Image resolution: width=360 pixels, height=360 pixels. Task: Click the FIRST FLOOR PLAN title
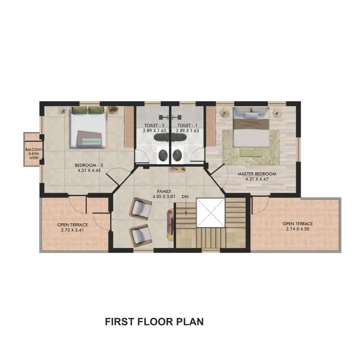pos(154,321)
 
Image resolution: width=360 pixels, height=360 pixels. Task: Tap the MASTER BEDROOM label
pos(257,174)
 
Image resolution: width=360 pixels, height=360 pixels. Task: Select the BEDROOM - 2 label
pos(89,165)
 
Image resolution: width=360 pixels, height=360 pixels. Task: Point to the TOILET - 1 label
pos(187,125)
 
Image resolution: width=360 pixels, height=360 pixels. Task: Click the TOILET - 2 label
pos(154,125)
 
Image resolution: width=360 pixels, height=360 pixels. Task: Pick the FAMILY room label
pos(164,191)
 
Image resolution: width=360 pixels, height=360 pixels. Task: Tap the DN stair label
pos(185,197)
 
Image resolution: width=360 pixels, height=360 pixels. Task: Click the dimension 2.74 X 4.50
pos(298,229)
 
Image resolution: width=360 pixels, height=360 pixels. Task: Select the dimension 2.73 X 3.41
pos(73,230)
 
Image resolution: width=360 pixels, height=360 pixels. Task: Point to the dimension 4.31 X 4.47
pos(257,179)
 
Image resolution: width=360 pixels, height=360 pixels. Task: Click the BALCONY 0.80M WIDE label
pos(33,154)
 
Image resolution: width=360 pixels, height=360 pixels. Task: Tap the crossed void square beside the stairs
pos(211,213)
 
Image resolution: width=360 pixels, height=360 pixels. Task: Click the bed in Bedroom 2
pos(89,127)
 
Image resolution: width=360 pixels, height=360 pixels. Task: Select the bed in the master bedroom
pos(251,127)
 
